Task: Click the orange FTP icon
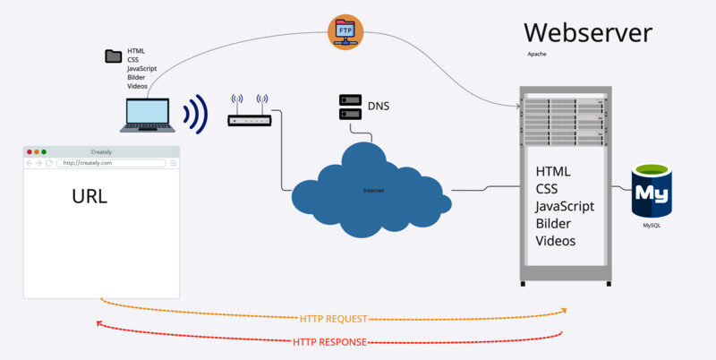[x=344, y=32]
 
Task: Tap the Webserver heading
[x=587, y=33]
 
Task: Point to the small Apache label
[x=537, y=54]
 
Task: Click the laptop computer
[x=147, y=115]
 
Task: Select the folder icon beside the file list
[x=113, y=56]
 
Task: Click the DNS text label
[x=379, y=107]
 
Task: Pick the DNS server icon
[x=350, y=107]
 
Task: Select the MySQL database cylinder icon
[x=652, y=190]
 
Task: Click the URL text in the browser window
[x=89, y=196]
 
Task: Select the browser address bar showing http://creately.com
[x=111, y=163]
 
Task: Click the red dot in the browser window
[x=29, y=151]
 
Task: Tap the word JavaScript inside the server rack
[x=565, y=207]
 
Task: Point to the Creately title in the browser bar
[x=101, y=151]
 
